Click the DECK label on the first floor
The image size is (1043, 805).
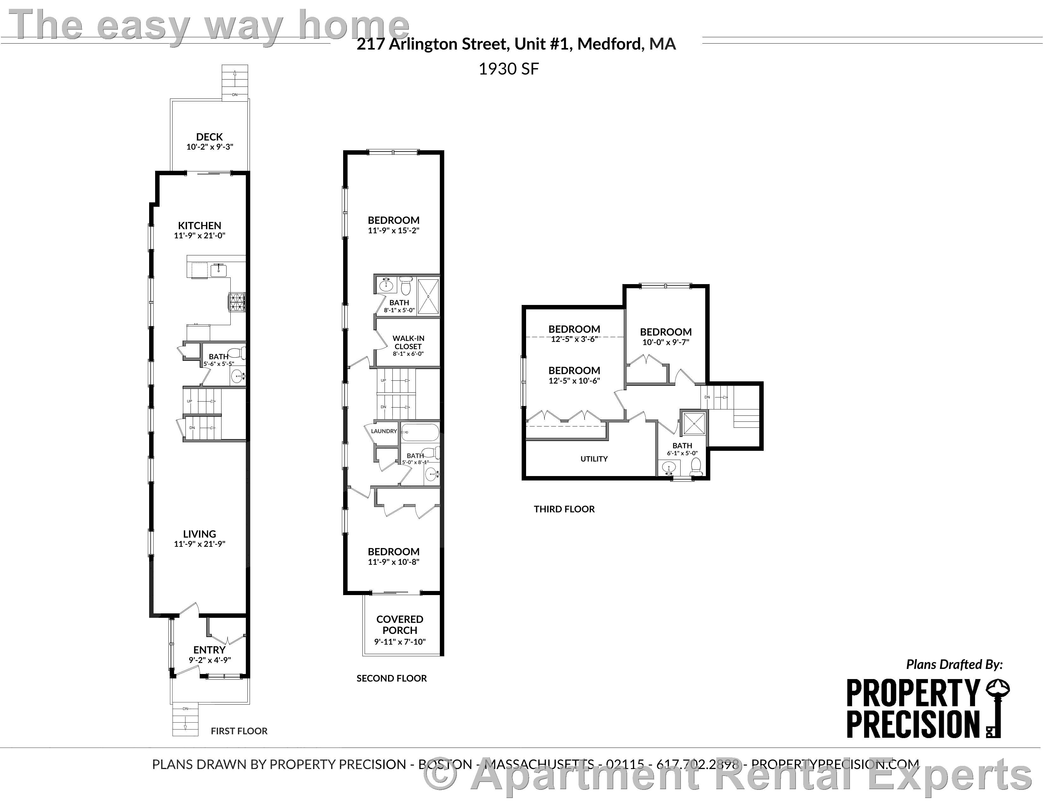209,137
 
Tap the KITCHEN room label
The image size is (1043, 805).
200,226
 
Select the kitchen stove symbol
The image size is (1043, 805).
237,301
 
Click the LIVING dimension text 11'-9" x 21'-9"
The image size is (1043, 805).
200,544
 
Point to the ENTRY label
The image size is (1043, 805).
209,650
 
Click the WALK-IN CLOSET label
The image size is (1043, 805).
408,342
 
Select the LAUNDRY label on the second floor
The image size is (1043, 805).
384,431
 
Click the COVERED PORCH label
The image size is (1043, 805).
400,625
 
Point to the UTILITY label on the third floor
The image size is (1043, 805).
594,459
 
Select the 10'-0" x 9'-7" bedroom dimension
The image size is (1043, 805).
666,342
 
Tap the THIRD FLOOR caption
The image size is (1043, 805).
564,509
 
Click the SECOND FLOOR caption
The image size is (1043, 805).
391,678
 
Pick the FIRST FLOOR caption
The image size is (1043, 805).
239,731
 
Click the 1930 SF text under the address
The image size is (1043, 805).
509,69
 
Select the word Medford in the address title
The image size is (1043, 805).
609,44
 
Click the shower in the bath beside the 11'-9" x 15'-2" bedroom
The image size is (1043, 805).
428,296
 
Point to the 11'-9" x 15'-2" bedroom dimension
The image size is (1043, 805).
393,230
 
